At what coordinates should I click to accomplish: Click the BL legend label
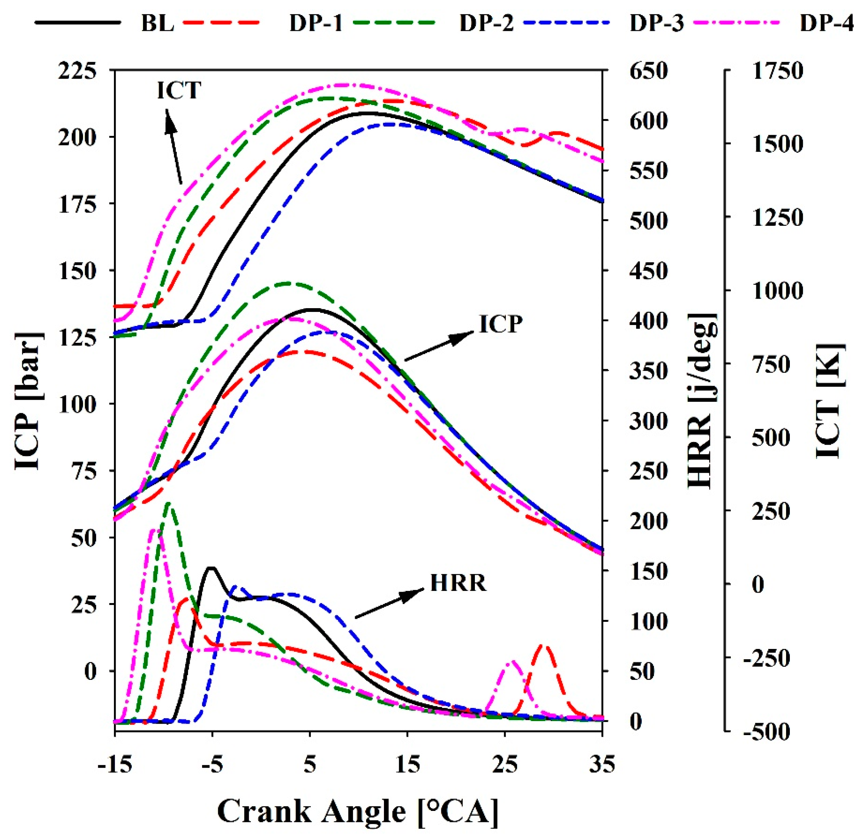(157, 23)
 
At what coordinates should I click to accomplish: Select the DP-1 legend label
(316, 23)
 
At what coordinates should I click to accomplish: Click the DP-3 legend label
(657, 23)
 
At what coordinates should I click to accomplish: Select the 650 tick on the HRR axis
(648, 71)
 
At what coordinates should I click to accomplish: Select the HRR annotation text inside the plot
(458, 583)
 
